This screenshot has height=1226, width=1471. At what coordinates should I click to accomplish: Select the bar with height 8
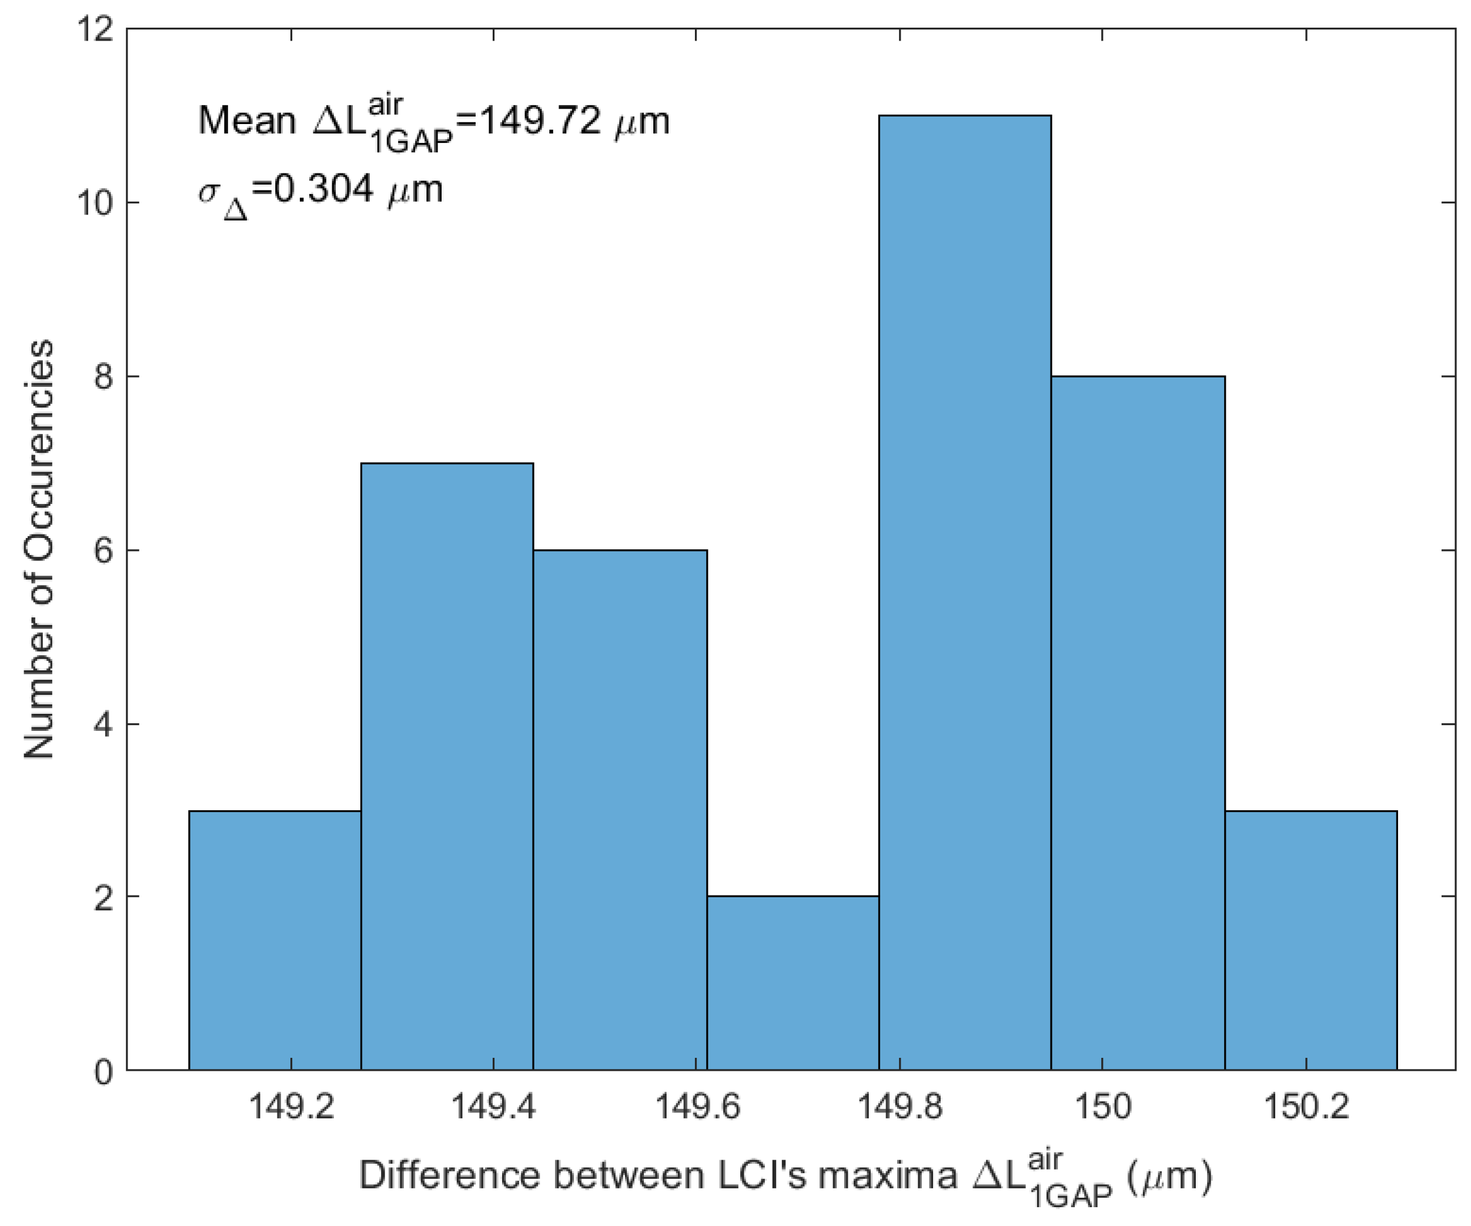pyautogui.click(x=1138, y=721)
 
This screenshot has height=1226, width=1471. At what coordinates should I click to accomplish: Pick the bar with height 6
pyautogui.click(x=620, y=809)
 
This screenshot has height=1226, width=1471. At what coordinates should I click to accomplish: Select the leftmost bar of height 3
pyautogui.click(x=275, y=940)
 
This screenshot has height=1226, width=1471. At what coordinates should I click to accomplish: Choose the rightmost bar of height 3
pyautogui.click(x=1310, y=940)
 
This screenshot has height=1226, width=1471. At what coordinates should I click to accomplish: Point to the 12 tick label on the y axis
pyautogui.click(x=95, y=29)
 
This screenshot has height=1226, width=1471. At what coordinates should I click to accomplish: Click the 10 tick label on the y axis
pyautogui.click(x=95, y=203)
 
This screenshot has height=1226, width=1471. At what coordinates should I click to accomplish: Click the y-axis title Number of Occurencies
pyautogui.click(x=39, y=550)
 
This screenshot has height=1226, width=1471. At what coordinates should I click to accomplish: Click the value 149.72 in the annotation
pyautogui.click(x=539, y=121)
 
